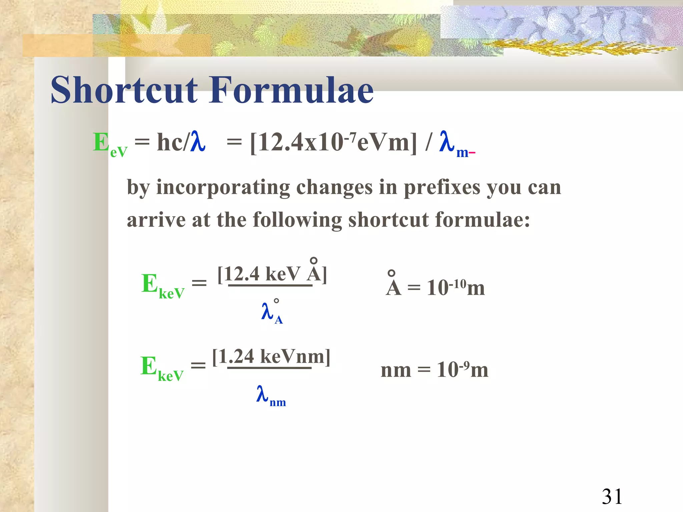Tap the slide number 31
click(612, 496)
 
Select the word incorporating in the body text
click(223, 188)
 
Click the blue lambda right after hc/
click(197, 142)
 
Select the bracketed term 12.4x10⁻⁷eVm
click(333, 143)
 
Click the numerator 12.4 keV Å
click(272, 274)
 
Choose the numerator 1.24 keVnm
click(271, 356)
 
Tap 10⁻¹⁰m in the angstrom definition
click(456, 287)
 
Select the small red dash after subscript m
click(472, 153)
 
